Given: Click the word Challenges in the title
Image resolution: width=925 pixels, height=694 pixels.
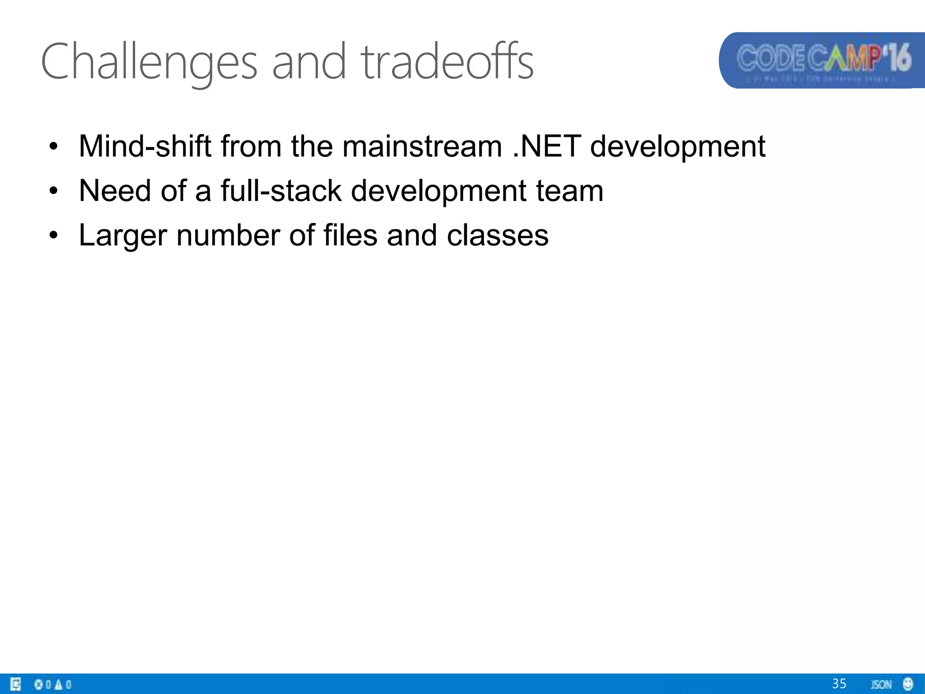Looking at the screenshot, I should click(149, 62).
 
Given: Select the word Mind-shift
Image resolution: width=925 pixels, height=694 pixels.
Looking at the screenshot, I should click(145, 147).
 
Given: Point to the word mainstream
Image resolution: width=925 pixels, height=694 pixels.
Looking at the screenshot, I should click(422, 147).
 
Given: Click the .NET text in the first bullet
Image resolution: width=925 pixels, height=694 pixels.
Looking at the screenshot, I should click(547, 147).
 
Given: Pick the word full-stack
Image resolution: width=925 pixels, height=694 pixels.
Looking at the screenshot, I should click(281, 191).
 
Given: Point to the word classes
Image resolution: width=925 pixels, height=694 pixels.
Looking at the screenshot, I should click(497, 235).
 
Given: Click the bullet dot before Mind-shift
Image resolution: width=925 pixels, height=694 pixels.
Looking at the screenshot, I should click(54, 147).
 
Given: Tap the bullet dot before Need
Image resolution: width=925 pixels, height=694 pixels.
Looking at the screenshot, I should click(54, 191).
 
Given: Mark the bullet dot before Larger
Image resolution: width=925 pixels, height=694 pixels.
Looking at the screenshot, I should click(54, 235).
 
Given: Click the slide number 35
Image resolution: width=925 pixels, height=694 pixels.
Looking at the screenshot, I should click(839, 684).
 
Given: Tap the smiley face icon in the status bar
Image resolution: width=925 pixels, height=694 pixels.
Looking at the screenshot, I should click(908, 684).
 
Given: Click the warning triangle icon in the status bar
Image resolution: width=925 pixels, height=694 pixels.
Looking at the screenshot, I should click(58, 685).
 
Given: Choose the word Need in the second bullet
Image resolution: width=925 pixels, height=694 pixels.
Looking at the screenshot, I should click(115, 191).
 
